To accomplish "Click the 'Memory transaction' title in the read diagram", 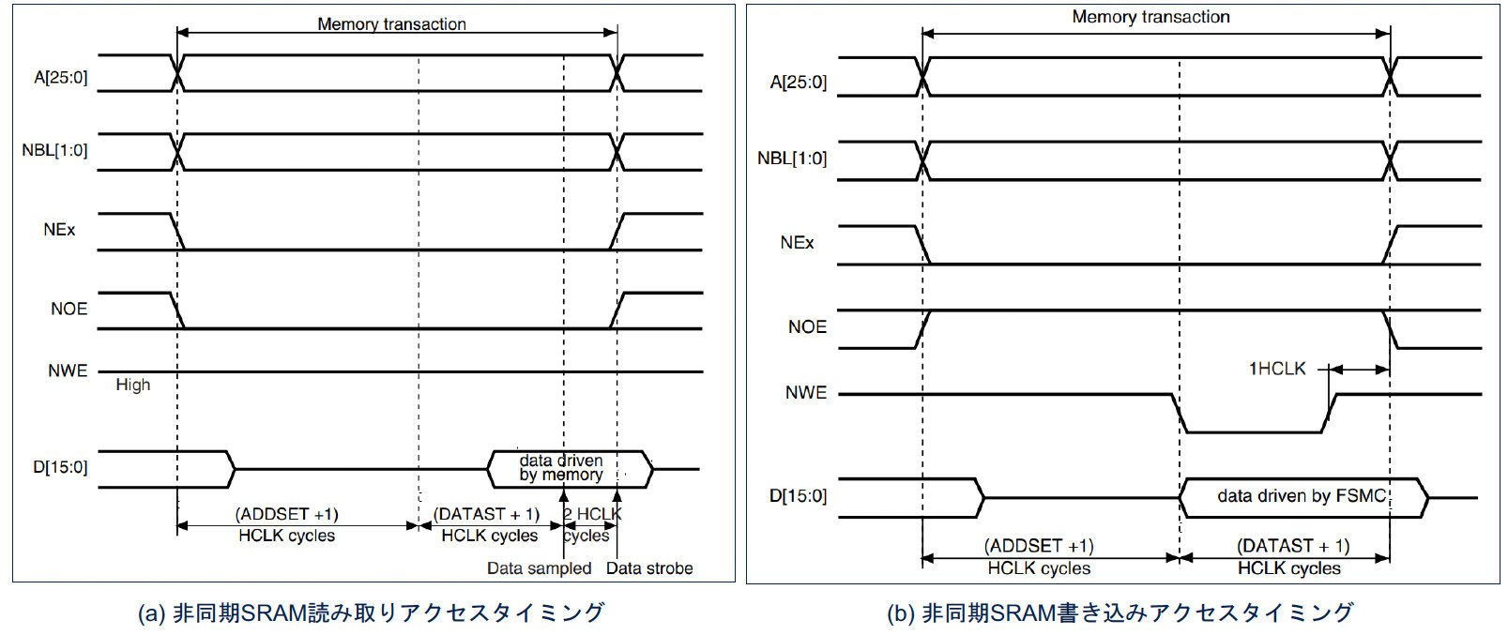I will (391, 24).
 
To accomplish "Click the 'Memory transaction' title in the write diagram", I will (1150, 17).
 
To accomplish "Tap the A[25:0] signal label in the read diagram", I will (61, 77).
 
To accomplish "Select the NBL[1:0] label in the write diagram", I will (792, 159).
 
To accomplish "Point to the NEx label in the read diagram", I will (59, 230).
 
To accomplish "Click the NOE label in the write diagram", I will (807, 327).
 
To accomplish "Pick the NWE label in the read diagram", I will (68, 370).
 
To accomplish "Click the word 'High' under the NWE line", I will (132, 385).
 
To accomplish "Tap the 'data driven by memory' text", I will (561, 467).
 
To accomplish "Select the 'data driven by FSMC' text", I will (1302, 496).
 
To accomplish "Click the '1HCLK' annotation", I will (1276, 369).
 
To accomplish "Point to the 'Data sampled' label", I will (539, 568).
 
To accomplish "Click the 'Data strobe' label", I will (649, 568).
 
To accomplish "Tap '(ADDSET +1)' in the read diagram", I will (286, 514).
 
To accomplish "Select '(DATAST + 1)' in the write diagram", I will (1292, 546).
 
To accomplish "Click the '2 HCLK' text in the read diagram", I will (592, 514).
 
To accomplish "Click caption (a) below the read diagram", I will (371, 612).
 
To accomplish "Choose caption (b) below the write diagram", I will (1120, 612).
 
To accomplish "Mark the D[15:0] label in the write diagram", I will (798, 496).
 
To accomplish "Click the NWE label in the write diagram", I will (806, 393).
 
